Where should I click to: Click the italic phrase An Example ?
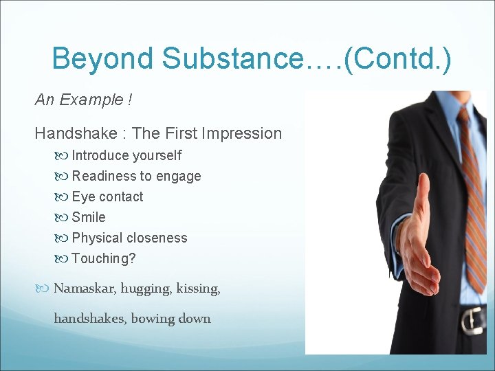click(83, 100)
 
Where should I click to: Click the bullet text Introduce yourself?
click(126, 155)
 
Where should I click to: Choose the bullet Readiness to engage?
click(136, 176)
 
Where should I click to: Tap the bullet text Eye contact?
click(107, 196)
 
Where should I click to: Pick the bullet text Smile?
click(89, 217)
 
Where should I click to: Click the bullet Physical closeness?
click(129, 238)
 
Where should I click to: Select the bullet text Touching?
click(104, 258)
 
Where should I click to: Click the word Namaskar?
click(84, 289)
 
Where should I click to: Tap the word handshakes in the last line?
click(89, 319)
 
